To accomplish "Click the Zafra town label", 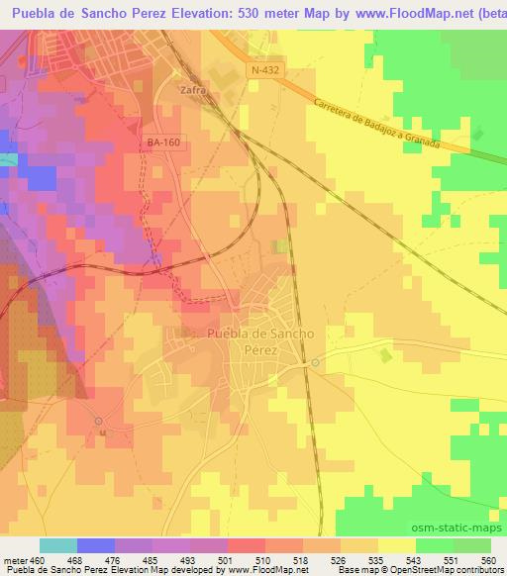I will coord(192,89).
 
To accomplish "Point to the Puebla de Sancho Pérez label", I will coord(261,341).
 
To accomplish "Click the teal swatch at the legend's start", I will coord(58,545).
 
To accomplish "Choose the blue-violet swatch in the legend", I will coord(96,545).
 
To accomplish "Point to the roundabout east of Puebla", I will coord(315,363).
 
